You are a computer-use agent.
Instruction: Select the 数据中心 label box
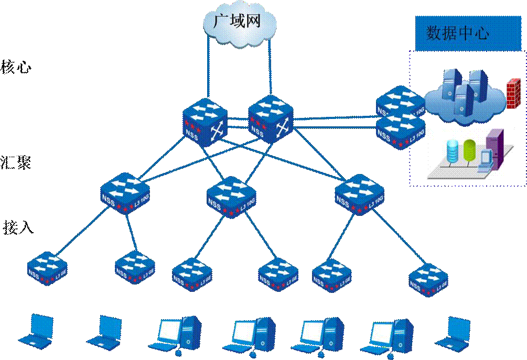point(460,34)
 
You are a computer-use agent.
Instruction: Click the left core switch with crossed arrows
point(205,121)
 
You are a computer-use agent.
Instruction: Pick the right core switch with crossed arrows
point(270,119)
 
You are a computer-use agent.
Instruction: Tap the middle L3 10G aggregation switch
point(231,197)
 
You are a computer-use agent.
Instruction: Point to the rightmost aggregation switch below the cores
point(359,194)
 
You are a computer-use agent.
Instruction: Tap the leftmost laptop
point(35,331)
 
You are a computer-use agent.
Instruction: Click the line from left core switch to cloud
point(208,68)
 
